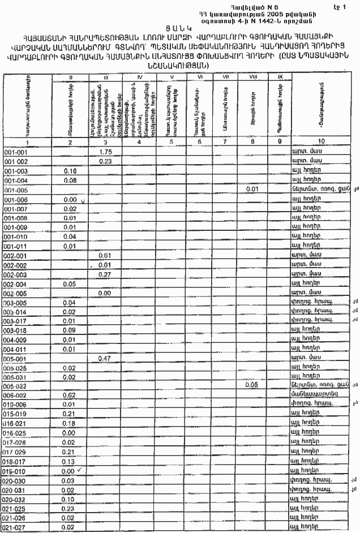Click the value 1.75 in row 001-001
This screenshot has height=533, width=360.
coord(104,152)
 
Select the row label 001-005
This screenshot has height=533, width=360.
coord(16,190)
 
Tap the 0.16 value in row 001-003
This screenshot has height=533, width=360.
coord(70,171)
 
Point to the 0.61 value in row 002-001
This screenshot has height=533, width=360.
coord(104,256)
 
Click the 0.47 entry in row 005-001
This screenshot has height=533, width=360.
coord(104,358)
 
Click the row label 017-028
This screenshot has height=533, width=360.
coord(16,442)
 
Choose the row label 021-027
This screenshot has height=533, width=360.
coord(16,527)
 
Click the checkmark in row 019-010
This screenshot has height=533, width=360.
coord(80,469)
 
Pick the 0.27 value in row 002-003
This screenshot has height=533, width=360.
coord(104,274)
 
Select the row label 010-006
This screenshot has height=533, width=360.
coord(16,404)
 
